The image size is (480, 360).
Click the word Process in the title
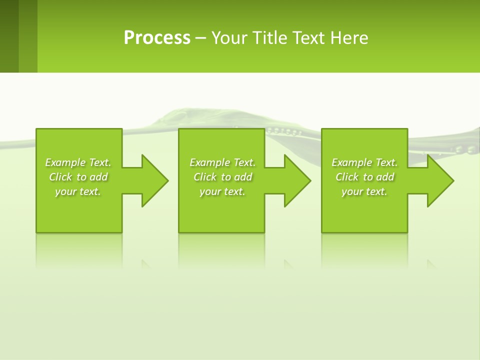[157, 38]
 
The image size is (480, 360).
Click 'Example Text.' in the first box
[78, 162]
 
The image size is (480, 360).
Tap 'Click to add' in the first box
[78, 177]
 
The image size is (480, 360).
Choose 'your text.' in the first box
[78, 191]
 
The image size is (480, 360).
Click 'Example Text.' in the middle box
[222, 162]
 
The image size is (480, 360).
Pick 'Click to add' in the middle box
[222, 177]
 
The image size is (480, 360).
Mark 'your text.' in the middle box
[222, 191]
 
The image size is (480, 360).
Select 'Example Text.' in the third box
[364, 162]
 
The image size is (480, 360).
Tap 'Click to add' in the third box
[364, 177]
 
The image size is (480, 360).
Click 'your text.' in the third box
[364, 191]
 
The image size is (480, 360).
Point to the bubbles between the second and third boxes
[284, 131]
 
